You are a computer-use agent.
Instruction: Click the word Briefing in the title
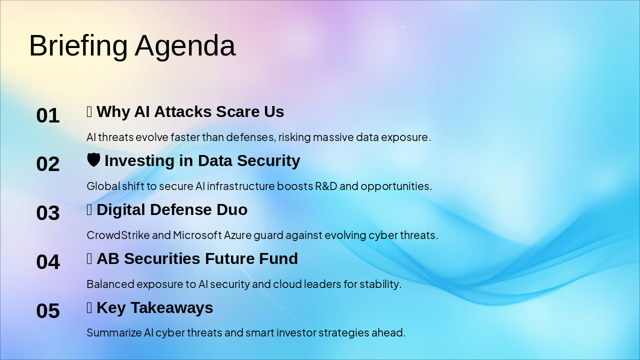click(x=78, y=46)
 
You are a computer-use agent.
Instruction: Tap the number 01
click(x=48, y=115)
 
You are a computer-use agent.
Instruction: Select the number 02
click(x=48, y=164)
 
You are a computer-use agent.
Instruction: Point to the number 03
click(x=48, y=213)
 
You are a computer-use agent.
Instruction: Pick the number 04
click(x=48, y=261)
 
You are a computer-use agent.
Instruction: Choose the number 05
click(x=48, y=310)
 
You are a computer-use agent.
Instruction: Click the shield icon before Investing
click(x=93, y=159)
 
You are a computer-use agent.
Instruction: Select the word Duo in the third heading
click(x=231, y=209)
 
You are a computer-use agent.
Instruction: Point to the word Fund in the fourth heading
click(x=278, y=258)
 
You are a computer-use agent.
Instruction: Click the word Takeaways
click(x=171, y=308)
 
